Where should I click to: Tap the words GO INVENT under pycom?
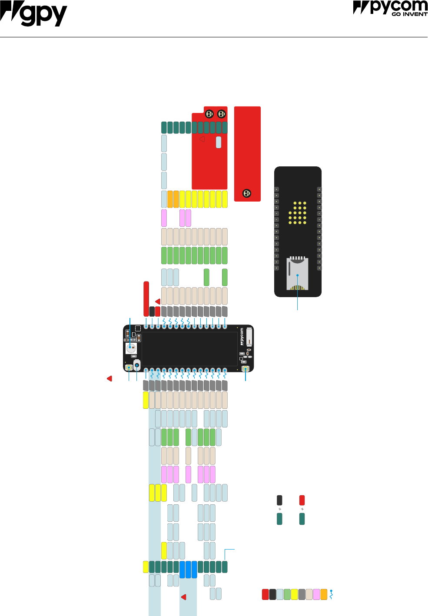point(409,14)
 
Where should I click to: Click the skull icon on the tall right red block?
point(246,193)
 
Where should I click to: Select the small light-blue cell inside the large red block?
point(219,142)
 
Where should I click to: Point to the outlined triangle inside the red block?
point(202,139)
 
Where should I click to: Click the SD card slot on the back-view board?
point(297,274)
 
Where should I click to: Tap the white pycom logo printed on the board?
point(242,337)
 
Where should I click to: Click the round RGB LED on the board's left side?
point(131,348)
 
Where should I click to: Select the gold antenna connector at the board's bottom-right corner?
point(246,369)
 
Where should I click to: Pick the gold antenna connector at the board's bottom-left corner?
point(129,368)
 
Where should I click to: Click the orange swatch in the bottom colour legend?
point(324,594)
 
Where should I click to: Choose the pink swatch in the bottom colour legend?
point(316,594)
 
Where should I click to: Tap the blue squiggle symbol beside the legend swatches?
point(332,594)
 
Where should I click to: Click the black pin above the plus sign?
point(279,500)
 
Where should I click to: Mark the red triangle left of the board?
point(109,379)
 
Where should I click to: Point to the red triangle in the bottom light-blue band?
point(183,597)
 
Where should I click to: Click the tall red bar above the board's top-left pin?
point(146,299)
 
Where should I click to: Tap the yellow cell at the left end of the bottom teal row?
point(146,567)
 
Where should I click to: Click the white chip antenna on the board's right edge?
point(249,337)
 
